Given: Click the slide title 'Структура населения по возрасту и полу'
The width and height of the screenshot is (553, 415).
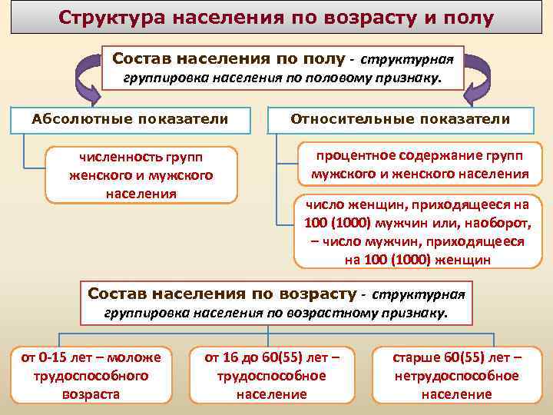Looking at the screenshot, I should (276, 18).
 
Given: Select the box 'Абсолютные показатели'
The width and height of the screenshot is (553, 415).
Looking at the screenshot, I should (130, 119).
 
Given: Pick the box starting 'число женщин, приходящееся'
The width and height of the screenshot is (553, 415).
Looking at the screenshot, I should (418, 231).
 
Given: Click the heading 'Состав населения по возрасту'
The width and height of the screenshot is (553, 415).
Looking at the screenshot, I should (223, 294).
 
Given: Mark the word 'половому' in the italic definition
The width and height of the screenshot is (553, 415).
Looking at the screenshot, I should (334, 78).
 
